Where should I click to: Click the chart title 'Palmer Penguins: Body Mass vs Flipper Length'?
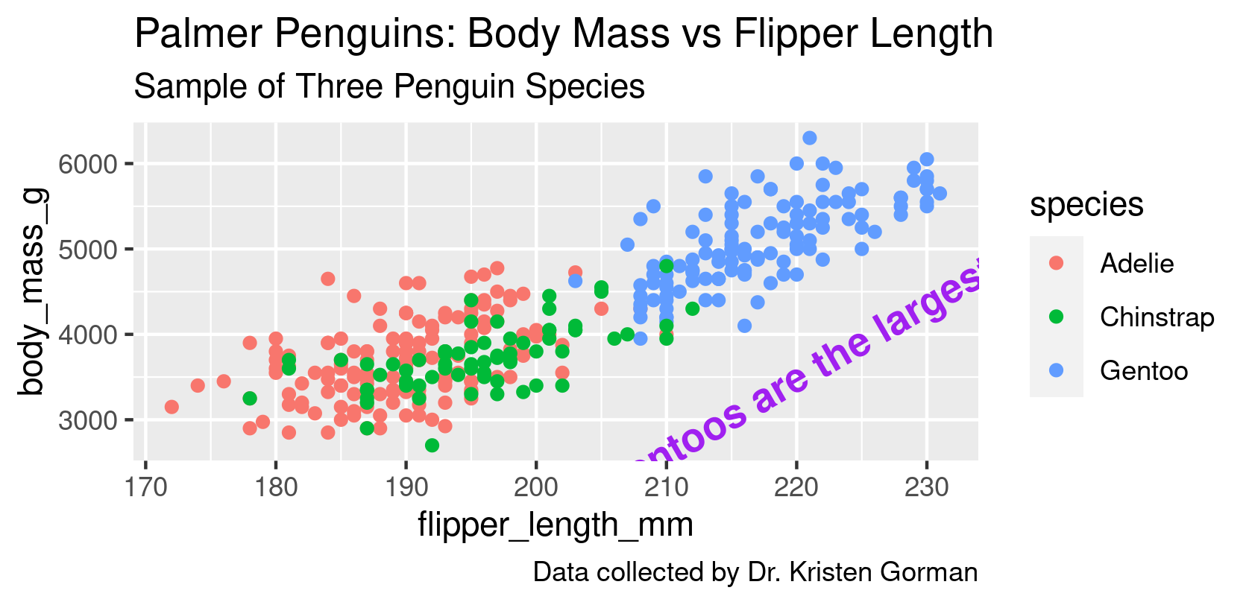(563, 35)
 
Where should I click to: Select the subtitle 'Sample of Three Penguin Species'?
(388, 86)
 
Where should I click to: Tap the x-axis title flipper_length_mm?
(556, 525)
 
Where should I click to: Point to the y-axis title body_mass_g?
(33, 291)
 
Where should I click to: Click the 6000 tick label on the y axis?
(89, 164)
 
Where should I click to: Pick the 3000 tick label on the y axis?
(89, 420)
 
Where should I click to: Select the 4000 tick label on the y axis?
(89, 335)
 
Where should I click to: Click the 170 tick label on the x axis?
(146, 488)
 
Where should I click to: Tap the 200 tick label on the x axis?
(536, 488)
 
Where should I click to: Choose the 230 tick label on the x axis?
(926, 488)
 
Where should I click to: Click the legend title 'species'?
(1086, 205)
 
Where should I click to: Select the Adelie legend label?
(1136, 264)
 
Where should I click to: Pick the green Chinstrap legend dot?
(1056, 317)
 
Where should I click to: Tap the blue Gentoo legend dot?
(1056, 370)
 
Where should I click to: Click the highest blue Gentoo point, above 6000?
(809, 138)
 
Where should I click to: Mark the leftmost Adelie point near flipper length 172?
(172, 407)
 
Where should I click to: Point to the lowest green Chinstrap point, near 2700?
(432, 446)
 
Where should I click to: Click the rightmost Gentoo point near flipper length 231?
(940, 194)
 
